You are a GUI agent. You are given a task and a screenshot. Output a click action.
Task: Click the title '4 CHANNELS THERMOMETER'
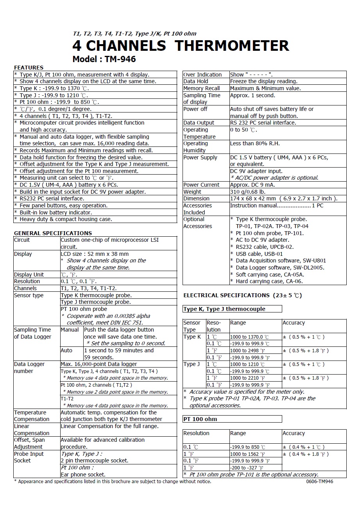181,46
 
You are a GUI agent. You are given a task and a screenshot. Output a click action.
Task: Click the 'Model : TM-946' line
104,59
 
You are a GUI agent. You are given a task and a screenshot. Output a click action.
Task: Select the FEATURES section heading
29,68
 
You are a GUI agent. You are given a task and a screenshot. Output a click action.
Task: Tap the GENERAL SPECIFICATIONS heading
53,233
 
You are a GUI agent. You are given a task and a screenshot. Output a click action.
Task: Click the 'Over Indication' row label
202,75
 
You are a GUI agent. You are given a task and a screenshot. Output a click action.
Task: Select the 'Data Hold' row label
196,81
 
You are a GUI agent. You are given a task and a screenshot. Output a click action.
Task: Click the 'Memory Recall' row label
202,88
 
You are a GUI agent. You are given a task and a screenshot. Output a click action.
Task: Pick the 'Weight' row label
192,192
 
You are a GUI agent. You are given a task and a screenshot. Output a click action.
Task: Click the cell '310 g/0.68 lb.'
247,192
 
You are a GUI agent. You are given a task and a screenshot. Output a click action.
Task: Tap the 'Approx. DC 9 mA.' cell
252,185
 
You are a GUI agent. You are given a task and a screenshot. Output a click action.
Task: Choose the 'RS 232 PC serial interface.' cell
263,123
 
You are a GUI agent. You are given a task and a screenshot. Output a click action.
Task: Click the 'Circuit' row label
22,240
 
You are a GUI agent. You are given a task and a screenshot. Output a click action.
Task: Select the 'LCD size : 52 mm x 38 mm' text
95,254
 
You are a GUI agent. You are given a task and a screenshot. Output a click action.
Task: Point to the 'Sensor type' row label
29,295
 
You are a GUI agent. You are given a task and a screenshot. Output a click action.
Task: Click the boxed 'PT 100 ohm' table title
200,419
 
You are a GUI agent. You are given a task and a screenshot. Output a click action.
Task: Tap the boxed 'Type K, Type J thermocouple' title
224,309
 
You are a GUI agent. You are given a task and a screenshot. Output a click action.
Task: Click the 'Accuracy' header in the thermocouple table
294,323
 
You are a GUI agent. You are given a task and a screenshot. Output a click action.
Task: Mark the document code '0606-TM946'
320,482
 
